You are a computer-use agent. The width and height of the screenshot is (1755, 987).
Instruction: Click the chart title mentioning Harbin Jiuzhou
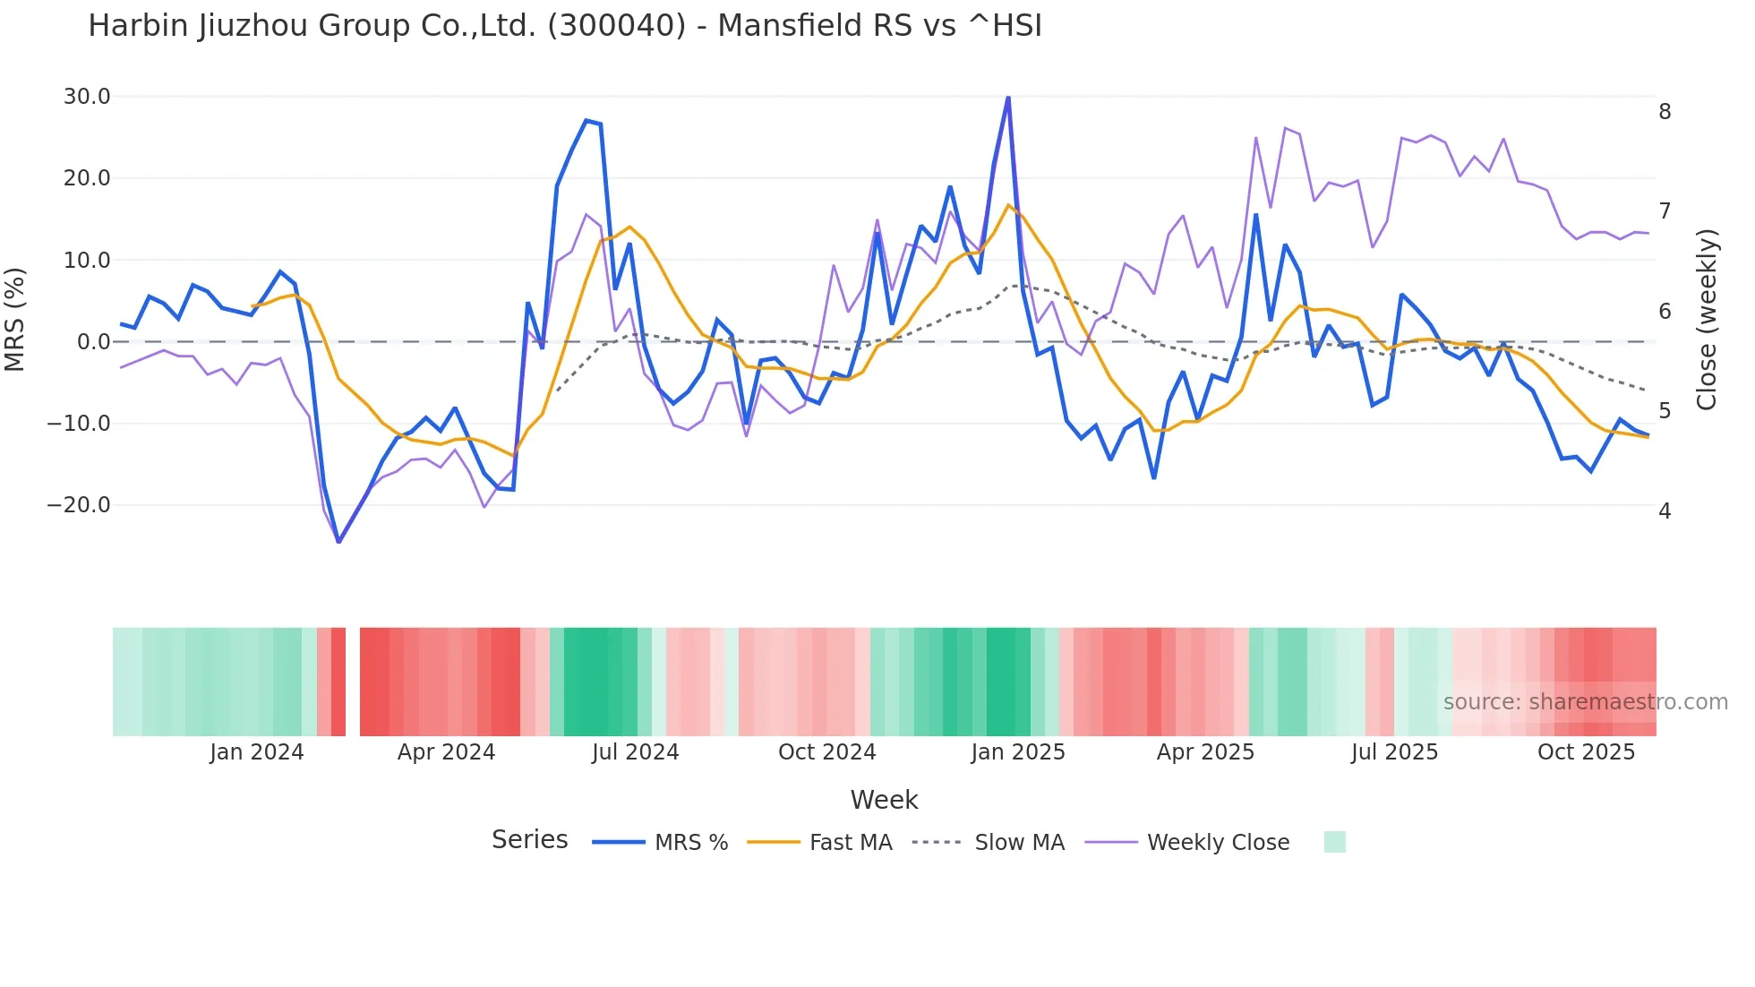pyautogui.click(x=565, y=26)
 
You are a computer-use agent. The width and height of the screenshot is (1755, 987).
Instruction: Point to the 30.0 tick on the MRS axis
pyautogui.click(x=87, y=97)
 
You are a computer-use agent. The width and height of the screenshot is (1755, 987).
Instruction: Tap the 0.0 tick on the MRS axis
pyautogui.click(x=93, y=342)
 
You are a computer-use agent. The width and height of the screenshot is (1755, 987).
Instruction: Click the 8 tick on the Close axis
pyautogui.click(x=1665, y=112)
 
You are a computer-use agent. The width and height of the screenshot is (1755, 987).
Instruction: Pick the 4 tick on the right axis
pyautogui.click(x=1665, y=511)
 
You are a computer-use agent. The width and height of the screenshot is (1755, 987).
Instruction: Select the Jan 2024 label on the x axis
pyautogui.click(x=257, y=752)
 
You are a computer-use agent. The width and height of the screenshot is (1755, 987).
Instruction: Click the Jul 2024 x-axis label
pyautogui.click(x=636, y=752)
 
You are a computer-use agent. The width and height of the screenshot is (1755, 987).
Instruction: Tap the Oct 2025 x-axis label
pyautogui.click(x=1586, y=752)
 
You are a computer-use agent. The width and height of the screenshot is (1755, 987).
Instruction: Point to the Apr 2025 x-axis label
pyautogui.click(x=1205, y=752)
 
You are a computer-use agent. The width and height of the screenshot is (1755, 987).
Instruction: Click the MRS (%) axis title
pyautogui.click(x=15, y=320)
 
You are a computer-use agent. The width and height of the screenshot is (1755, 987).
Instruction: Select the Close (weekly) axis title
pyautogui.click(x=1707, y=320)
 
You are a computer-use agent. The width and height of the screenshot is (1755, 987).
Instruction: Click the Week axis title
pyautogui.click(x=884, y=800)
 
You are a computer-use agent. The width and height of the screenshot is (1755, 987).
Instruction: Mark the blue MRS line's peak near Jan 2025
pyautogui.click(x=1008, y=97)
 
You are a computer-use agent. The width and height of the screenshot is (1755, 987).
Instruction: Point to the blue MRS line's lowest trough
pyautogui.click(x=338, y=542)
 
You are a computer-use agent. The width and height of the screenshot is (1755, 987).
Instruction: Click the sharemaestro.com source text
pyautogui.click(x=1585, y=702)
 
